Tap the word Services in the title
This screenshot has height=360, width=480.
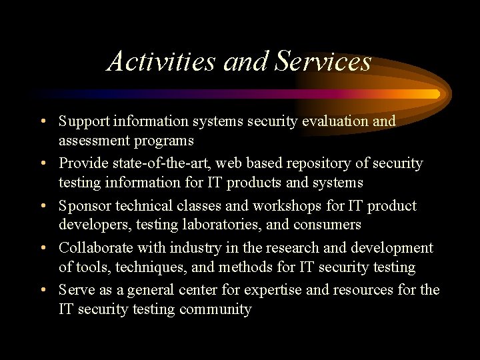point(323,61)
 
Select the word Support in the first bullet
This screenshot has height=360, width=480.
point(84,121)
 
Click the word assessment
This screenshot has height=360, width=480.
point(95,141)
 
